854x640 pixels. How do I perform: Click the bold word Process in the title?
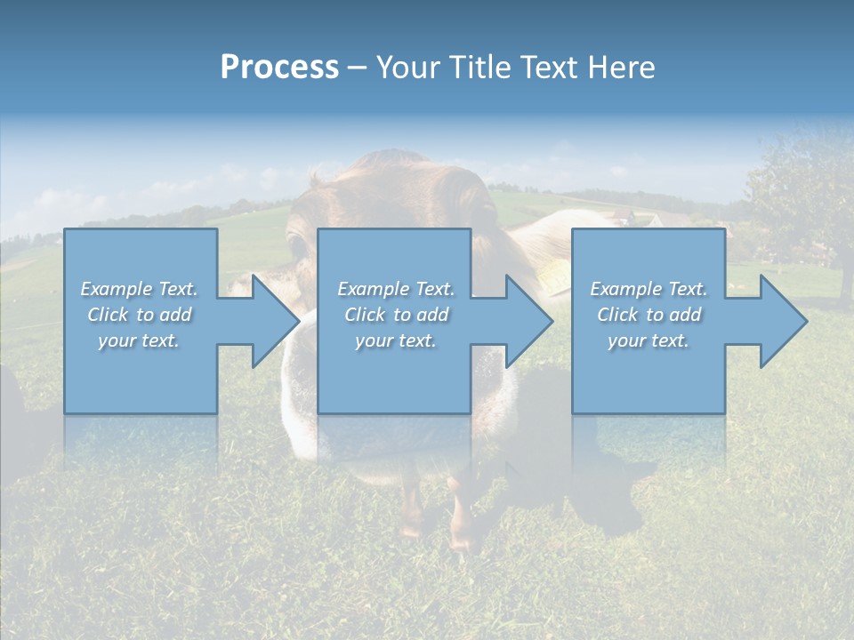279,68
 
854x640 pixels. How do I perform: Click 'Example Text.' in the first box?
140,289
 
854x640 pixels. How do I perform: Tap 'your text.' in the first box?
140,340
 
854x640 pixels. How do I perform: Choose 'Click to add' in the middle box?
396,315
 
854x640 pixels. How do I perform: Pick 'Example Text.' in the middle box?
396,289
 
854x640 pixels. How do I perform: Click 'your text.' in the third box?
649,340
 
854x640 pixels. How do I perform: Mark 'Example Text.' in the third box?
649,289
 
